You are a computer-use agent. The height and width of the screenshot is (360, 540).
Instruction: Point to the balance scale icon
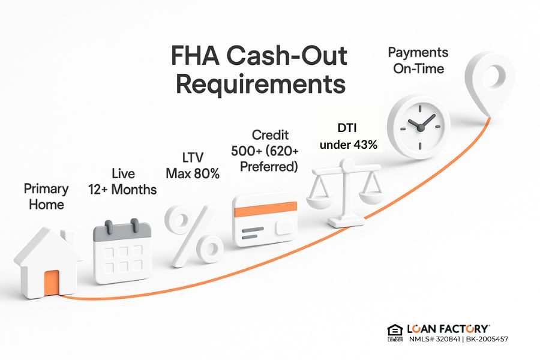(346, 192)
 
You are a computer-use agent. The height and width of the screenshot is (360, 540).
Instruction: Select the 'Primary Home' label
(46, 196)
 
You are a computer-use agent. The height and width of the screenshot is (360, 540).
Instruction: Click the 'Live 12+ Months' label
(123, 182)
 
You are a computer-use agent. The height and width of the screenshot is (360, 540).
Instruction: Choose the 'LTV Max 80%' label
(192, 166)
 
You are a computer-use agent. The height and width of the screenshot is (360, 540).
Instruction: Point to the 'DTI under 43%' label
(348, 137)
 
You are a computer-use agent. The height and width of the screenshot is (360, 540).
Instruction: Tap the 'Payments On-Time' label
(419, 60)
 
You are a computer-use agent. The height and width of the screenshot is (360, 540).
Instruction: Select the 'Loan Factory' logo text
(448, 329)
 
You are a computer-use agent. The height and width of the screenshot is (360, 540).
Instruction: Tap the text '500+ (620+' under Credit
(265, 151)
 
